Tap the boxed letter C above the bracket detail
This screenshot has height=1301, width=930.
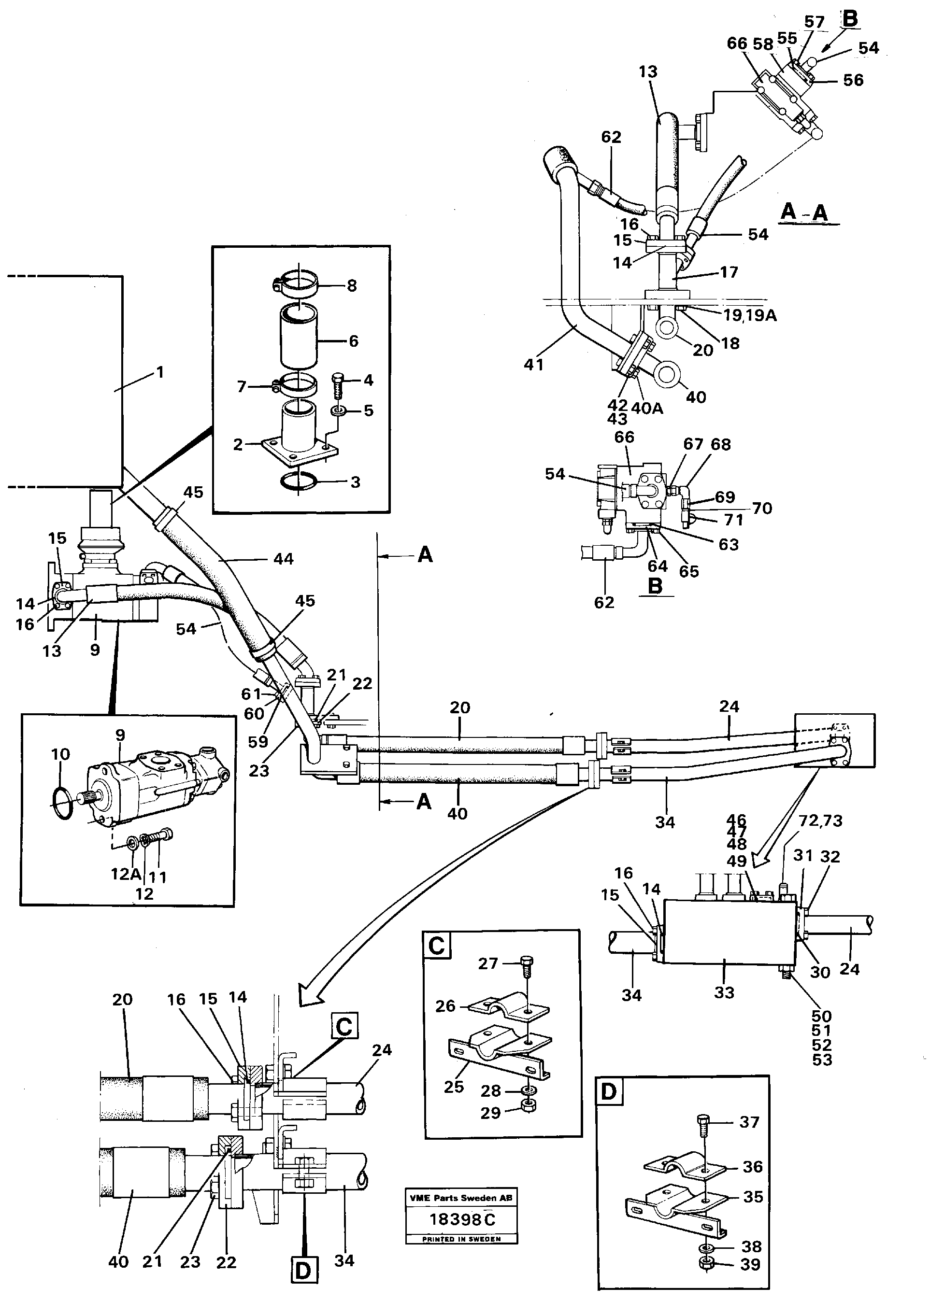click(x=436, y=945)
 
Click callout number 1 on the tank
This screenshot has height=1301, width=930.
click(x=160, y=373)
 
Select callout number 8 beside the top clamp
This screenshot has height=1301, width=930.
click(x=352, y=285)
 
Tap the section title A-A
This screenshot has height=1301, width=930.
click(x=804, y=212)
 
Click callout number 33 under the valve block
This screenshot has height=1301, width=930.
click(x=724, y=992)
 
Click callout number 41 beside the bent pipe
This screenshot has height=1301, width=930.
click(x=533, y=364)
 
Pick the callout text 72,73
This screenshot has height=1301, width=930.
click(x=821, y=821)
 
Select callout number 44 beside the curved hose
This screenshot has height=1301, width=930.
click(x=284, y=559)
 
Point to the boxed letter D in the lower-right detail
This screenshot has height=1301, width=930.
click(x=608, y=1091)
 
